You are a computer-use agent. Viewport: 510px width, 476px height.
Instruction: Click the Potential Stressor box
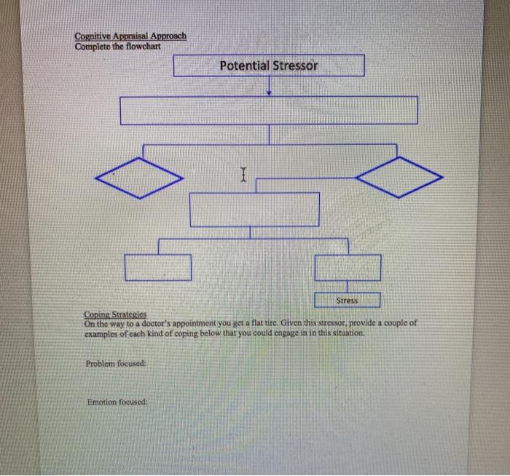(269, 66)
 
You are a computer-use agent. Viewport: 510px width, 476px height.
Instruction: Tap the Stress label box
(347, 299)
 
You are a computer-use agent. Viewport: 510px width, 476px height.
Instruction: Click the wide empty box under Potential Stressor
(269, 110)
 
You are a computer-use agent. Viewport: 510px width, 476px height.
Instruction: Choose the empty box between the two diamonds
(254, 210)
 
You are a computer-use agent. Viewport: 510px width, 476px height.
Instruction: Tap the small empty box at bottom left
(157, 267)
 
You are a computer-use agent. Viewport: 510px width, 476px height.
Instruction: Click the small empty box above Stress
(348, 267)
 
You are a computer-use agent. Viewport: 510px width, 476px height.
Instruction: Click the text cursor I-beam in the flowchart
(243, 173)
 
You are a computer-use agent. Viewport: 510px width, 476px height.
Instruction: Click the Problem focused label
(117, 362)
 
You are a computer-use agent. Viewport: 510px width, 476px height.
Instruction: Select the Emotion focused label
(117, 401)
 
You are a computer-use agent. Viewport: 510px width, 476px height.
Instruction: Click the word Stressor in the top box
(295, 66)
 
